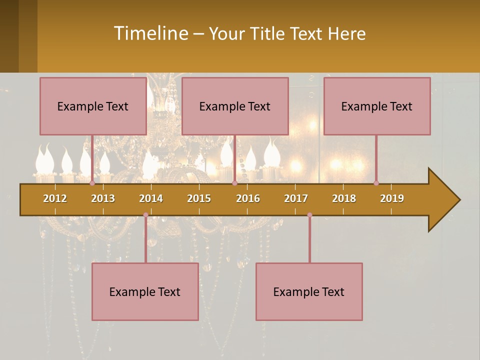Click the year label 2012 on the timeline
click(55, 198)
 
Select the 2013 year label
click(103, 198)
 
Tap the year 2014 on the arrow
click(151, 198)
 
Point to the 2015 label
click(199, 198)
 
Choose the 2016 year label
click(248, 198)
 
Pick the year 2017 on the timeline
click(296, 198)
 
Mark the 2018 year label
click(344, 198)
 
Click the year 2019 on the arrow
click(392, 198)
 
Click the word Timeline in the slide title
click(150, 33)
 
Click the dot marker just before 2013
click(92, 183)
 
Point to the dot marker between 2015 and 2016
click(234, 183)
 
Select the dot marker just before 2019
click(376, 183)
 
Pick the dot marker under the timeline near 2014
click(145, 215)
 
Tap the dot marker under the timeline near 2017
click(309, 215)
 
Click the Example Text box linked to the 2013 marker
click(93, 106)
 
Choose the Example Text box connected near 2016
click(235, 106)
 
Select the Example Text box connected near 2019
click(377, 106)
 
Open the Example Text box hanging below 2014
click(145, 291)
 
